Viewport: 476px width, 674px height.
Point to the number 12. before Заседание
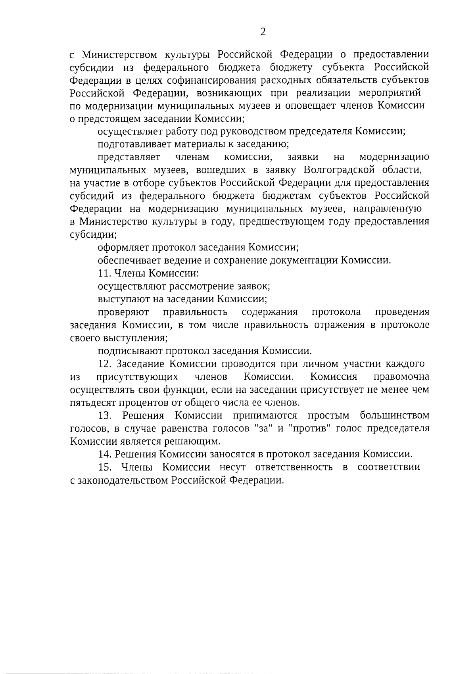(105, 364)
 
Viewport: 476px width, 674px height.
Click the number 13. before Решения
(105, 415)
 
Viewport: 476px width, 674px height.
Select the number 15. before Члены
(105, 467)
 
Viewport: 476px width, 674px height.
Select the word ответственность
(294, 467)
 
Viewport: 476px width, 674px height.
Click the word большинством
(394, 415)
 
